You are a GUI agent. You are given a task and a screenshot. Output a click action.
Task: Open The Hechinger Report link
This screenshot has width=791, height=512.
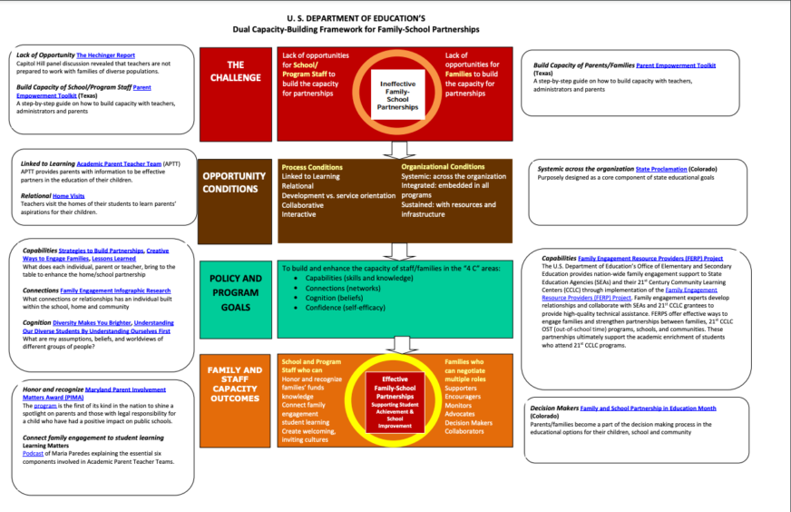coord(107,55)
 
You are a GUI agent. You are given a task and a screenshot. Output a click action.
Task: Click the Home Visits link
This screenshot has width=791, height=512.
coord(68,195)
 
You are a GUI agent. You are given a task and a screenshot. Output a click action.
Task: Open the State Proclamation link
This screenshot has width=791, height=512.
coord(660,169)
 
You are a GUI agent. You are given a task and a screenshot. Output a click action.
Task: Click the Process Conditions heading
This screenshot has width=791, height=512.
coord(311,168)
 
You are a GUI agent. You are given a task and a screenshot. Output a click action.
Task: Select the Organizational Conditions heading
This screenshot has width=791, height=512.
coord(442,167)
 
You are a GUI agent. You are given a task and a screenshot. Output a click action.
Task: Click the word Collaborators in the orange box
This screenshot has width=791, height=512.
coord(464,431)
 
